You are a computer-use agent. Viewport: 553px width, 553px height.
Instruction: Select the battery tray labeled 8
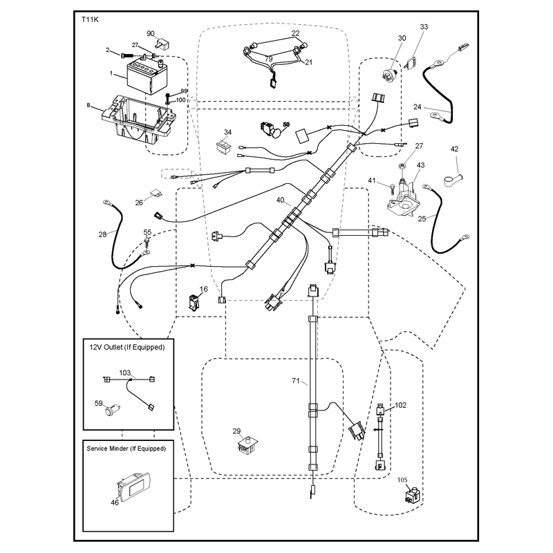[x=138, y=120]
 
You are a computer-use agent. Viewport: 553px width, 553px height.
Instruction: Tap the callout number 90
[x=151, y=33]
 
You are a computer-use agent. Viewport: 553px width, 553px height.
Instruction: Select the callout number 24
[x=418, y=106]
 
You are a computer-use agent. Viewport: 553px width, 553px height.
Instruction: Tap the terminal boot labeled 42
[x=453, y=179]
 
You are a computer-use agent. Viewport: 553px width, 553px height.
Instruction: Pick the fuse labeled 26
[x=156, y=193]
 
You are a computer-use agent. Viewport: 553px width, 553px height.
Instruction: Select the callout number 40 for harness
[x=280, y=200]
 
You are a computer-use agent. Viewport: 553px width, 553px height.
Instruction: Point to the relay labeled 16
[x=194, y=303]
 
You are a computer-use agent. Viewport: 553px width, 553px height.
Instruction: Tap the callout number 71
[x=296, y=381]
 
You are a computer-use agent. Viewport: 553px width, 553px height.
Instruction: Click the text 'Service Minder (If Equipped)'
[x=126, y=449]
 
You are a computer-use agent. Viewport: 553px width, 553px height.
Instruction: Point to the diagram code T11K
[x=90, y=20]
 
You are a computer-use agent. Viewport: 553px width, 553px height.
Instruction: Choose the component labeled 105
[x=413, y=494]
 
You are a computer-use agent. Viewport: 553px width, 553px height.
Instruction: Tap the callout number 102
[x=400, y=405]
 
